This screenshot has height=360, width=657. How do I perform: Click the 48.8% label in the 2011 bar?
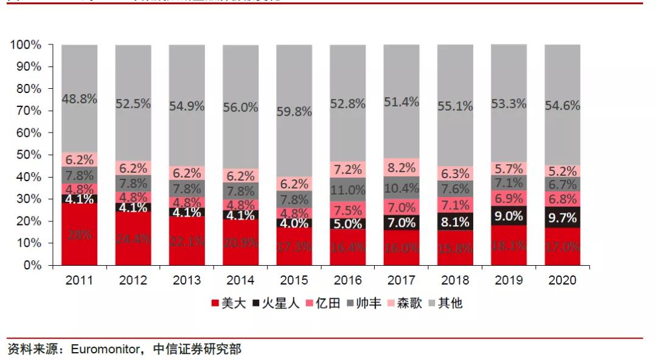(x=79, y=99)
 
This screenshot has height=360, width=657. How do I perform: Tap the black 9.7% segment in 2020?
(x=562, y=217)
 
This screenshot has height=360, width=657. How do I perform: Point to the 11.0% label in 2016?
(x=348, y=190)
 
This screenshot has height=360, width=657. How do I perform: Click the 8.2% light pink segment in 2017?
(x=401, y=167)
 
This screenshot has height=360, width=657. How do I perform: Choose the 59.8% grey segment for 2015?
(x=294, y=111)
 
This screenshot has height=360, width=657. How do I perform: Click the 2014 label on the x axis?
(x=240, y=280)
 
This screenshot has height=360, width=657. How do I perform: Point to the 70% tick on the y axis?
(x=26, y=111)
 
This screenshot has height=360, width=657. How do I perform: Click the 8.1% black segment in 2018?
(x=455, y=221)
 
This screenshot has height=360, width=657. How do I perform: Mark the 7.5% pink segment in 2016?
(x=348, y=210)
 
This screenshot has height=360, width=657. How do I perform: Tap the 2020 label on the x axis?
(x=562, y=280)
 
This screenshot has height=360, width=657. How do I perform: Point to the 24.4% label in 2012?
(x=133, y=239)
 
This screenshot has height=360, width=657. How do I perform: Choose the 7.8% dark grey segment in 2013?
(x=187, y=188)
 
